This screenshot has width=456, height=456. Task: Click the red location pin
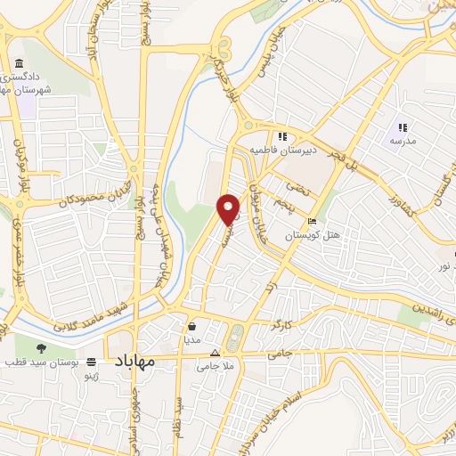(229, 208)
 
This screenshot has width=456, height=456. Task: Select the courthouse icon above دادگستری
(20, 62)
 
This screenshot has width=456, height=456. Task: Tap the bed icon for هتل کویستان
(311, 222)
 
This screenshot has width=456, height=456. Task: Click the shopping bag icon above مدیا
(193, 326)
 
